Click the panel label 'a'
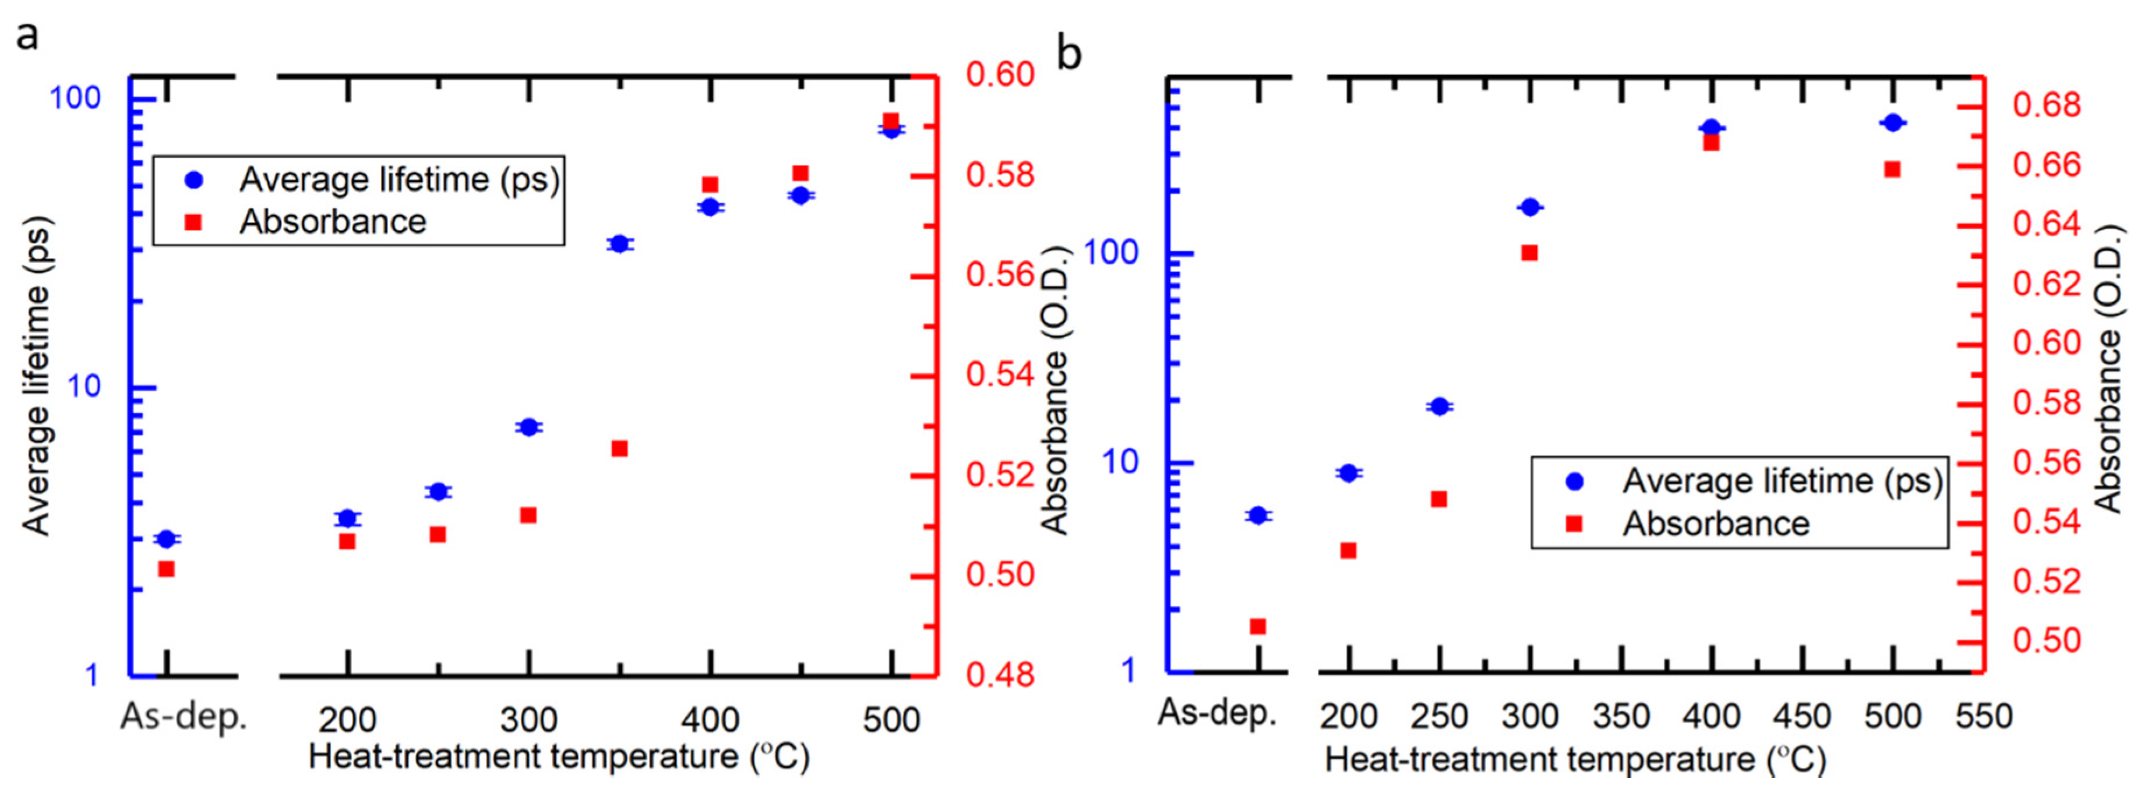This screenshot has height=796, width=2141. [x=27, y=37]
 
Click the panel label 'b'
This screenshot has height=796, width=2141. [x=1069, y=55]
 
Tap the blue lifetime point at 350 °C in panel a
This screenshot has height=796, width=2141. [x=618, y=243]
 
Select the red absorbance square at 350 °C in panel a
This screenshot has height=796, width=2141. [x=619, y=449]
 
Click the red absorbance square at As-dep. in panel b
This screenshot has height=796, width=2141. [x=1258, y=627]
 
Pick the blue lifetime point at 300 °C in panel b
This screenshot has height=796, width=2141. [x=1529, y=207]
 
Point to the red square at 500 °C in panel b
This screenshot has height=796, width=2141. [x=1892, y=169]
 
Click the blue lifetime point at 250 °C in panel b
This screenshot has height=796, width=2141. [x=1440, y=406]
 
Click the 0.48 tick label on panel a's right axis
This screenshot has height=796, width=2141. [x=1000, y=675]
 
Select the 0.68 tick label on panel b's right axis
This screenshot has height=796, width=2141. [x=2046, y=105]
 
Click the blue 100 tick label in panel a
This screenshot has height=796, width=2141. [x=75, y=98]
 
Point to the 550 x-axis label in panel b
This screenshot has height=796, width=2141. [x=1984, y=716]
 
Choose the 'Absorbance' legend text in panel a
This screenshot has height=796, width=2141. [x=333, y=222]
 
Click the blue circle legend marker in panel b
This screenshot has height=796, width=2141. [x=1574, y=481]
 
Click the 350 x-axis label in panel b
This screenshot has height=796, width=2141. [x=1621, y=716]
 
